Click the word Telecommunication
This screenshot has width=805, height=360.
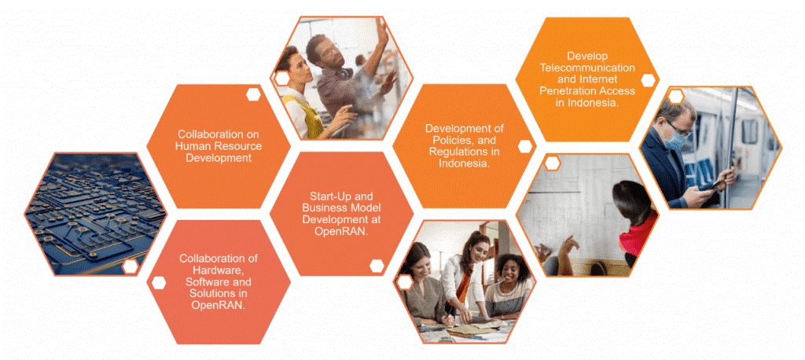click(586, 68)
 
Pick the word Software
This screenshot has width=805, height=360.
click(208, 282)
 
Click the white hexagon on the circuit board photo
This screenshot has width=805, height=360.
click(130, 266)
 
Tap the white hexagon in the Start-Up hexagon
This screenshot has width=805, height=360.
click(377, 266)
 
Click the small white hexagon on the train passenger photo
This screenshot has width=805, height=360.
click(675, 96)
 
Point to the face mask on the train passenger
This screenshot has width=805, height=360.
click(678, 138)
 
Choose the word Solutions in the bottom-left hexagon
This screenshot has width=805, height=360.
click(219, 294)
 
